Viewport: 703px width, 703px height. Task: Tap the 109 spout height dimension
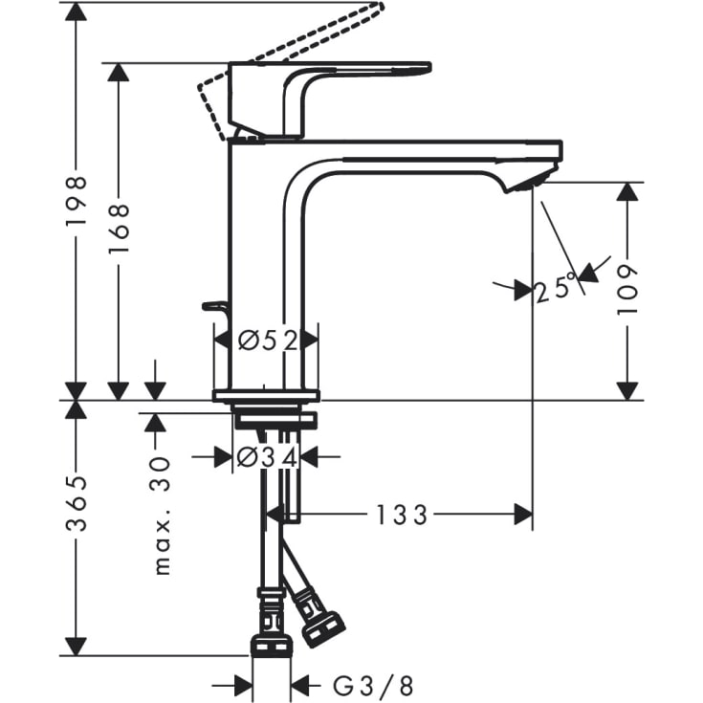pyautogui.click(x=626, y=290)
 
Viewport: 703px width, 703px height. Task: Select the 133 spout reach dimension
pyautogui.click(x=400, y=516)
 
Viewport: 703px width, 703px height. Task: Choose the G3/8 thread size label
pyautogui.click(x=373, y=685)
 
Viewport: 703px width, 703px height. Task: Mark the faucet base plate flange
pyautogui.click(x=266, y=395)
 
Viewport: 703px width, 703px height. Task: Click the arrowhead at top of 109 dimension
pyautogui.click(x=626, y=190)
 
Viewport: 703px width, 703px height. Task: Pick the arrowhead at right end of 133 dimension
pyautogui.click(x=523, y=516)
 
